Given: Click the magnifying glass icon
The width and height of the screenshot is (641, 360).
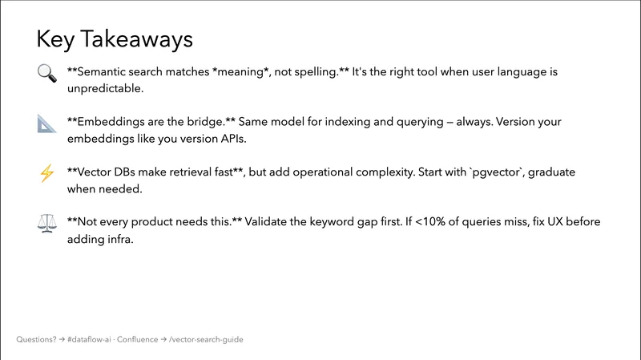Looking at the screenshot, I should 46,73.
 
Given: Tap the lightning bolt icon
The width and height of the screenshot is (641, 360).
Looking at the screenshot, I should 46,173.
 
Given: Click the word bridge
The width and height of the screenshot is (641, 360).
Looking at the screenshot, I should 212,123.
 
